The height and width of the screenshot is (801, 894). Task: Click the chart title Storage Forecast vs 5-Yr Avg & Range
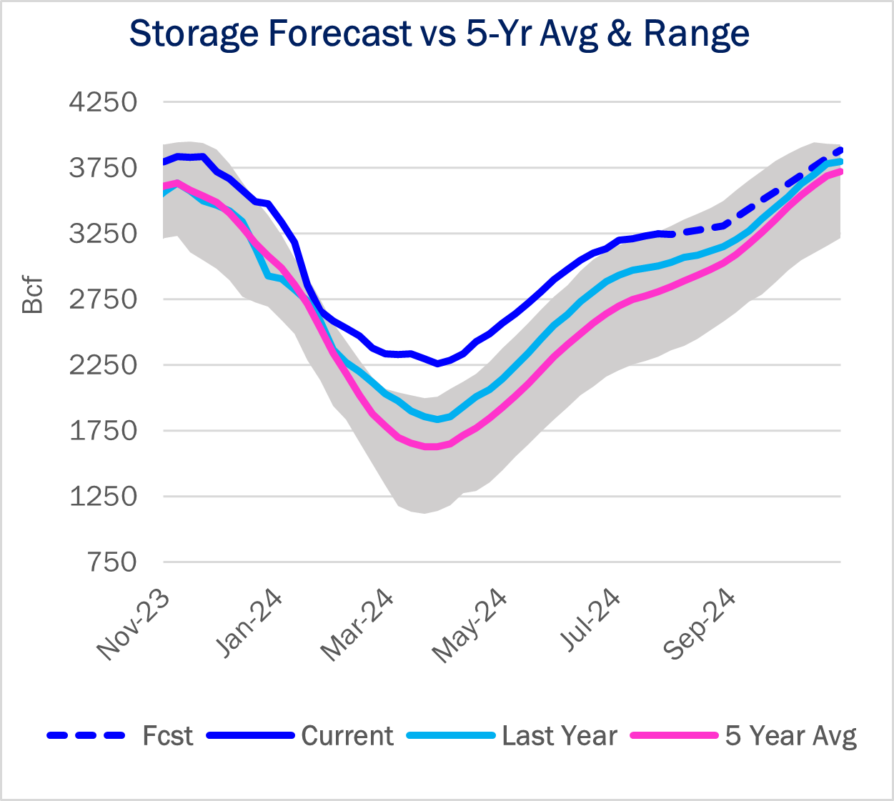point(439,34)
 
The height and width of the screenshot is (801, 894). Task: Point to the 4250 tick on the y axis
point(103,102)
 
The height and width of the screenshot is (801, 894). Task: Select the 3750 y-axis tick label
point(103,168)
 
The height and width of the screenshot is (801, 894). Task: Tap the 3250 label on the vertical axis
point(103,234)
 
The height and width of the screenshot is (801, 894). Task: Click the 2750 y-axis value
point(103,299)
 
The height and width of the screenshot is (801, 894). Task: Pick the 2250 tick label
point(103,365)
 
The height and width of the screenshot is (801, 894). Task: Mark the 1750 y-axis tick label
point(103,431)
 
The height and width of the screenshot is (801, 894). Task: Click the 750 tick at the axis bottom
point(113,562)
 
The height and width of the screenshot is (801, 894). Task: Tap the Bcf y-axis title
point(33,295)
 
